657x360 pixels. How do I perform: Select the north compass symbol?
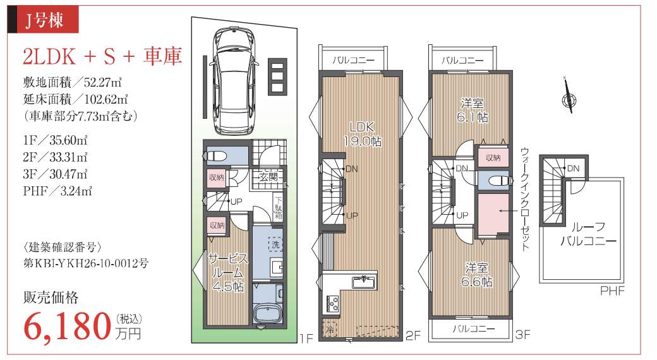568,97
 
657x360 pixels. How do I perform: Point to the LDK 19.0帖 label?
362,134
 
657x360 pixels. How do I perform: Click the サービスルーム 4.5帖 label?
227,272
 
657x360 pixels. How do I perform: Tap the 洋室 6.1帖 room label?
473,110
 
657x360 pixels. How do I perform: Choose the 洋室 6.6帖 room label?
476,275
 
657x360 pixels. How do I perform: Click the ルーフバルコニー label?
588,234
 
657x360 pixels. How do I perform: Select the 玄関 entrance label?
268,176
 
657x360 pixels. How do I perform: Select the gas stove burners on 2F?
333,303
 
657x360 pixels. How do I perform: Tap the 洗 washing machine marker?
275,244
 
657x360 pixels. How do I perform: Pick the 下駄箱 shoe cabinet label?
279,207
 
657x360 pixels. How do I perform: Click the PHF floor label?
612,291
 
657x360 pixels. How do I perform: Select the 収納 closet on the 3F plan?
493,157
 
